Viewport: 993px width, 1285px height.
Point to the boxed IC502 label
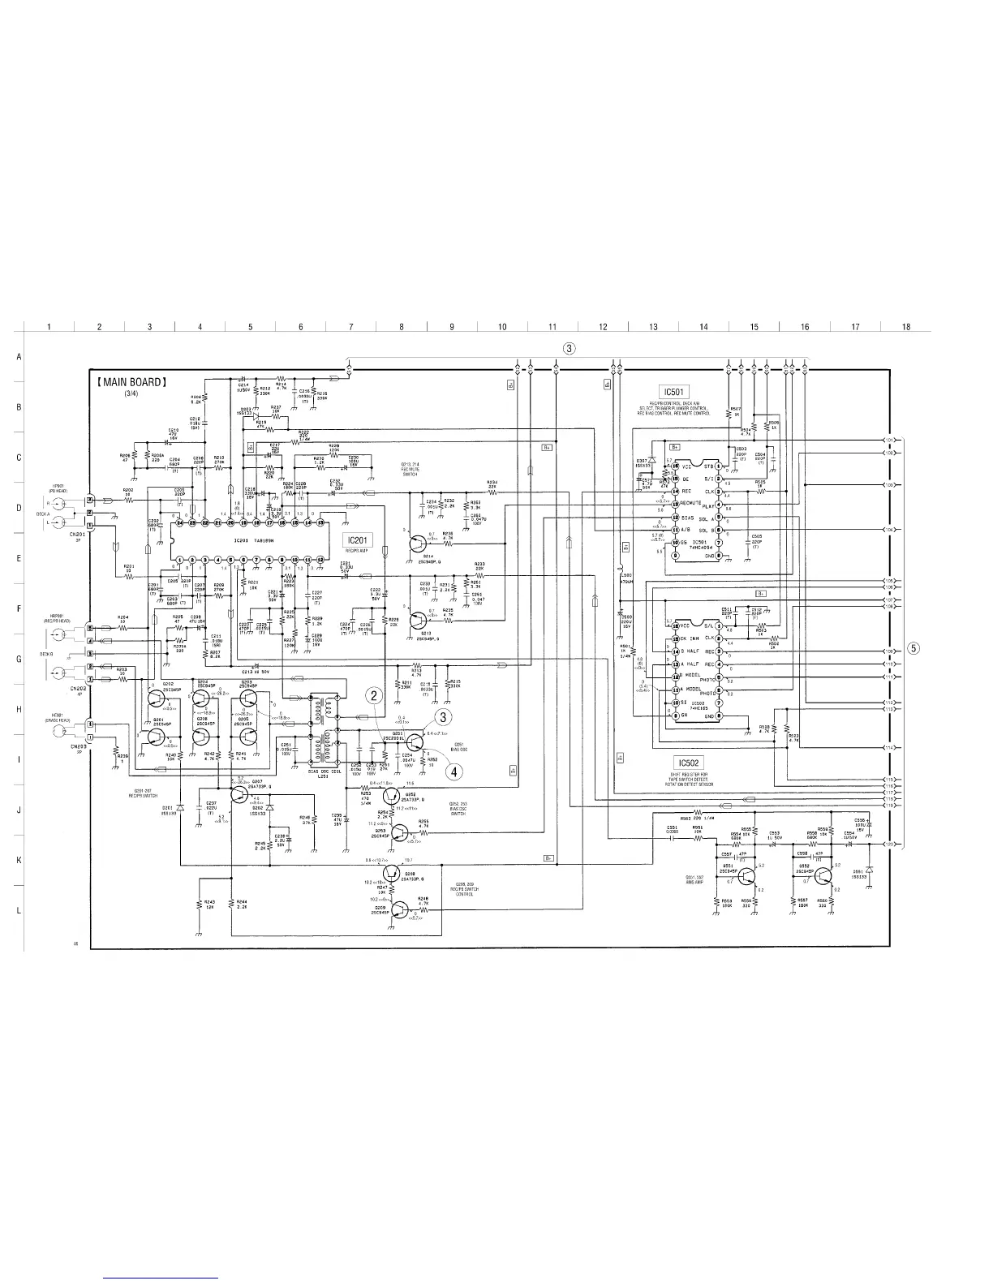pos(686,763)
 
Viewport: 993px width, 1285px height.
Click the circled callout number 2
pos(373,695)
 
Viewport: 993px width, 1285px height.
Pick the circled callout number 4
pos(455,771)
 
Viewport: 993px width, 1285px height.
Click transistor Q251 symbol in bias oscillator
pos(416,742)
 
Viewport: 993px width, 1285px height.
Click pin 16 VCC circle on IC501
pos(674,466)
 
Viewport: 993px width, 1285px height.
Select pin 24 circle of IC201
pos(180,523)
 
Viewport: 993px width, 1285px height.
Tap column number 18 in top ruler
pos(905,327)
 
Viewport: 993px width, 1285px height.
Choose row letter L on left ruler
pos(19,910)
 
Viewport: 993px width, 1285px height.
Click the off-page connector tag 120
pos(889,844)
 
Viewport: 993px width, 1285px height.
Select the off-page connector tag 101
pos(889,441)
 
